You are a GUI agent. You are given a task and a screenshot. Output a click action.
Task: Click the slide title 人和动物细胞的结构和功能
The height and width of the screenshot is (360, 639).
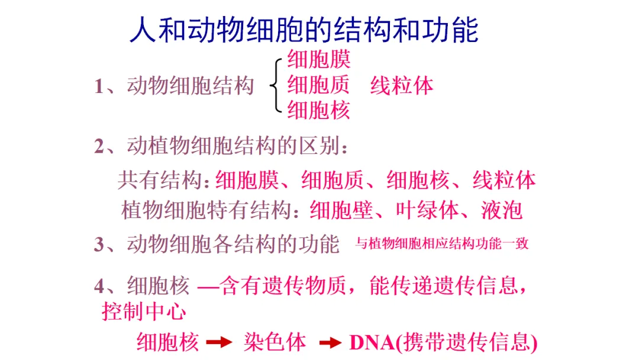click(x=304, y=29)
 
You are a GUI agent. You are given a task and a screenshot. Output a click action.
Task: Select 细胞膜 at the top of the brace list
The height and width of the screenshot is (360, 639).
click(x=319, y=59)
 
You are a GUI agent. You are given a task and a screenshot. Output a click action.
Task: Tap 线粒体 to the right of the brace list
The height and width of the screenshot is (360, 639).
click(x=402, y=85)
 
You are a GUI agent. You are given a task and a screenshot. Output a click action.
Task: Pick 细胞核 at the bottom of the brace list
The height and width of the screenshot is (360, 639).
click(x=319, y=110)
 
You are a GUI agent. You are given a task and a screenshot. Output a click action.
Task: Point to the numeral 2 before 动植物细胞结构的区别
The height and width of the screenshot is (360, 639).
click(x=99, y=146)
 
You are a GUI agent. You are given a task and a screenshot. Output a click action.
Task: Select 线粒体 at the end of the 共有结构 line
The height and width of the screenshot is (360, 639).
click(x=504, y=180)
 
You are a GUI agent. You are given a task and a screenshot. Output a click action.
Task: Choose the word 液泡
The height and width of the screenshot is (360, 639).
click(x=502, y=210)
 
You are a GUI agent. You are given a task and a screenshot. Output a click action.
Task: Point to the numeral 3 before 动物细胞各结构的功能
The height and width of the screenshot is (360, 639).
click(x=99, y=244)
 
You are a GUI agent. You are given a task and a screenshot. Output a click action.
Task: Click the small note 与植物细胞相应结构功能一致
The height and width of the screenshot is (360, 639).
click(x=441, y=243)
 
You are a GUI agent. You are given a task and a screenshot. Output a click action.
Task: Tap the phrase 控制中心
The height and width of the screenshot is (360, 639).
click(x=144, y=311)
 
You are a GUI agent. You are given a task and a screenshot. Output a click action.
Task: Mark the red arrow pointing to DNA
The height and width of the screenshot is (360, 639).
click(x=331, y=342)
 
